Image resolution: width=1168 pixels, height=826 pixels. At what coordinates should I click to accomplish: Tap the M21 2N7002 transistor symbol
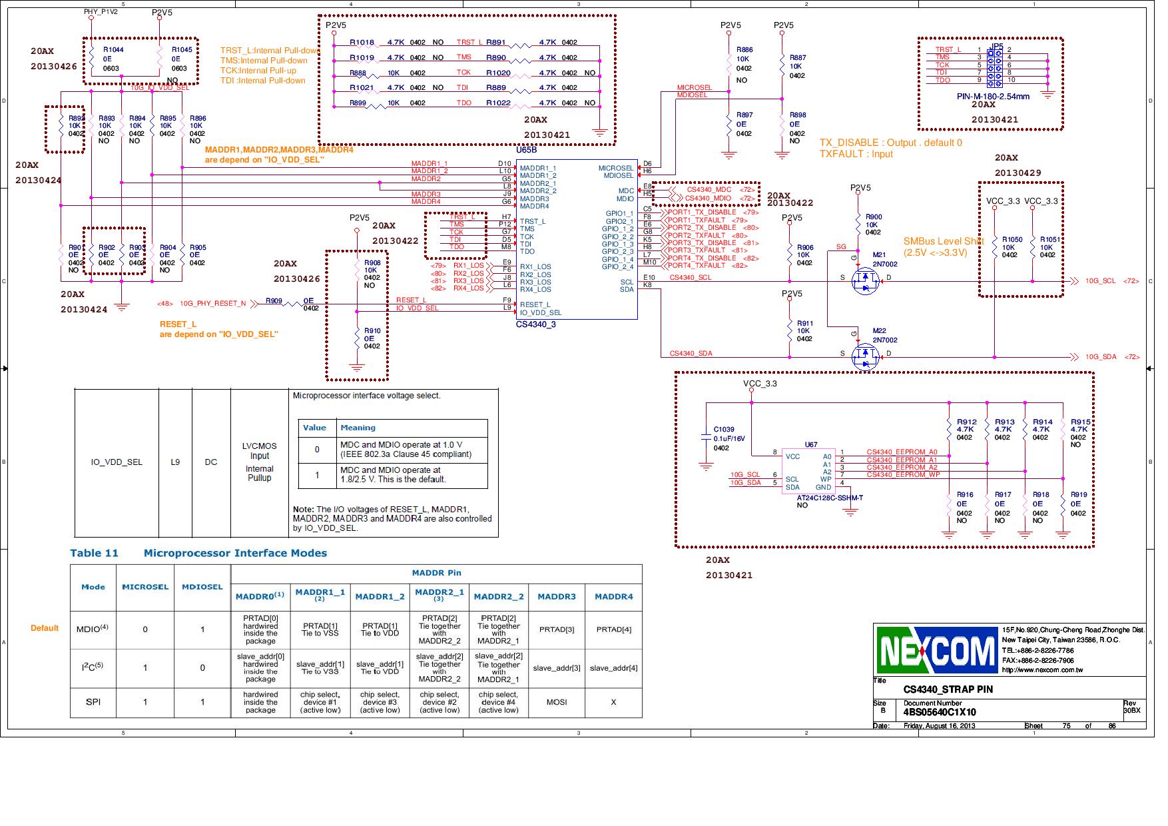(x=866, y=282)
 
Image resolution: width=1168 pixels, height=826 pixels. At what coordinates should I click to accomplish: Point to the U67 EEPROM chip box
(x=806, y=472)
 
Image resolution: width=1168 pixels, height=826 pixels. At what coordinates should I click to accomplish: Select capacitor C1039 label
(x=724, y=430)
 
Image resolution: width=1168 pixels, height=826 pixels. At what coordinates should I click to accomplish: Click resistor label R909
(x=274, y=301)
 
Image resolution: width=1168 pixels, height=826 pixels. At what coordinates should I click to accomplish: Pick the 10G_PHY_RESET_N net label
(x=212, y=304)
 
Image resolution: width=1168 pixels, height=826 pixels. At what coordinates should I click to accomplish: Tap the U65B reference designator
(x=526, y=151)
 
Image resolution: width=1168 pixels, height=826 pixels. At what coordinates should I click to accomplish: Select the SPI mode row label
(x=93, y=702)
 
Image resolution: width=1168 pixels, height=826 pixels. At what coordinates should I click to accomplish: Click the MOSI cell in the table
(x=556, y=702)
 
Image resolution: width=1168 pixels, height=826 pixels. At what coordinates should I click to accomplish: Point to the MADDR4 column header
(x=613, y=597)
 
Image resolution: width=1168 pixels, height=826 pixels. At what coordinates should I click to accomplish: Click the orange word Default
(x=45, y=628)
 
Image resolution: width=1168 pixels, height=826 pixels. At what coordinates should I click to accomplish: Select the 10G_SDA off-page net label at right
(x=1101, y=357)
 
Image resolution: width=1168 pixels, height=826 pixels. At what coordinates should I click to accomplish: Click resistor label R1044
(x=113, y=50)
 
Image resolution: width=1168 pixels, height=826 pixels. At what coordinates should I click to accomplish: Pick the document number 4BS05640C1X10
(x=940, y=712)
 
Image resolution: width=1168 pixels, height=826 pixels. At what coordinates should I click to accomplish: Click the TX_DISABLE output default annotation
(x=890, y=143)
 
